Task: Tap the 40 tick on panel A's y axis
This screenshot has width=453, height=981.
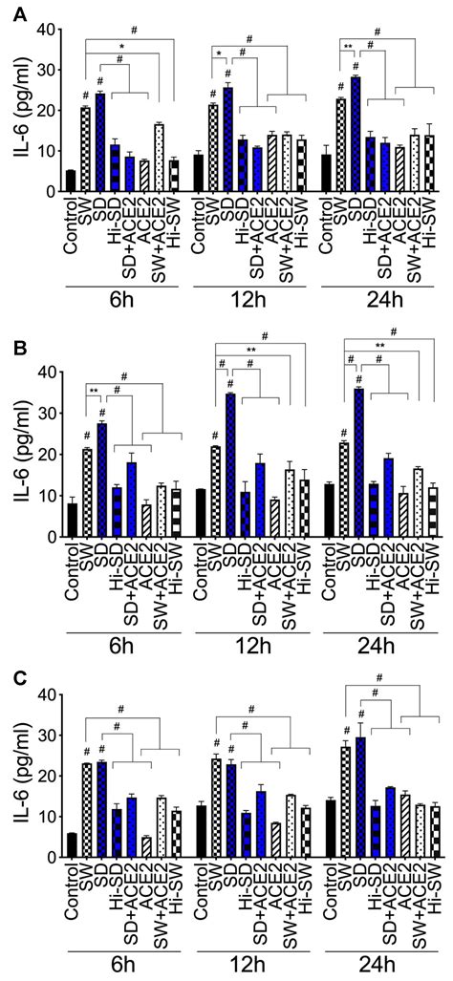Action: coord(50,30)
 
